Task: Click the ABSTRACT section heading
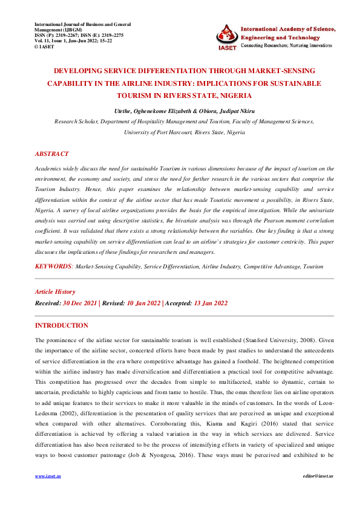pos(52,154)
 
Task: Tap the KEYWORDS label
pos(53,266)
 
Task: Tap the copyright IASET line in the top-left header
pos(45,46)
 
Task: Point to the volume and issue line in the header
pos(73,41)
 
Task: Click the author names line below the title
pos(180,112)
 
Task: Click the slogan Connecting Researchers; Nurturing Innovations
pos(286,45)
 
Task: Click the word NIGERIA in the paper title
pos(237,96)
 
